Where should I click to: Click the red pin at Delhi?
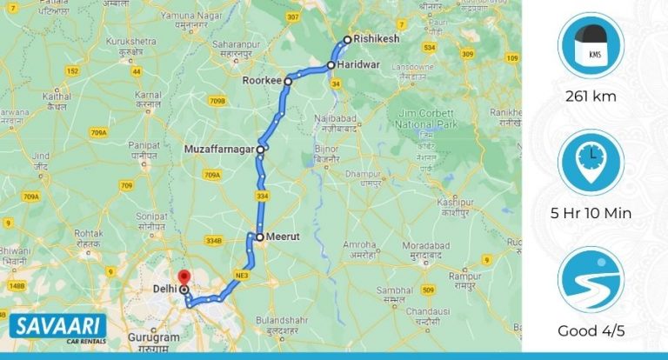[184, 279]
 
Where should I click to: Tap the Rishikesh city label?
[376, 40]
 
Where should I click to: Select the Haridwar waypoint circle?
[331, 65]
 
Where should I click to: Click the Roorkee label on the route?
[263, 81]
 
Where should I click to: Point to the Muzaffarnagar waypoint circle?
[261, 149]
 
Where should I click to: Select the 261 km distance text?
[591, 97]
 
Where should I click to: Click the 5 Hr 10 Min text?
[591, 213]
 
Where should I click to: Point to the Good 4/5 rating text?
[591, 330]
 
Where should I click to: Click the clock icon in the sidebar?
[591, 162]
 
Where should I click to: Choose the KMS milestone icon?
[591, 45]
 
